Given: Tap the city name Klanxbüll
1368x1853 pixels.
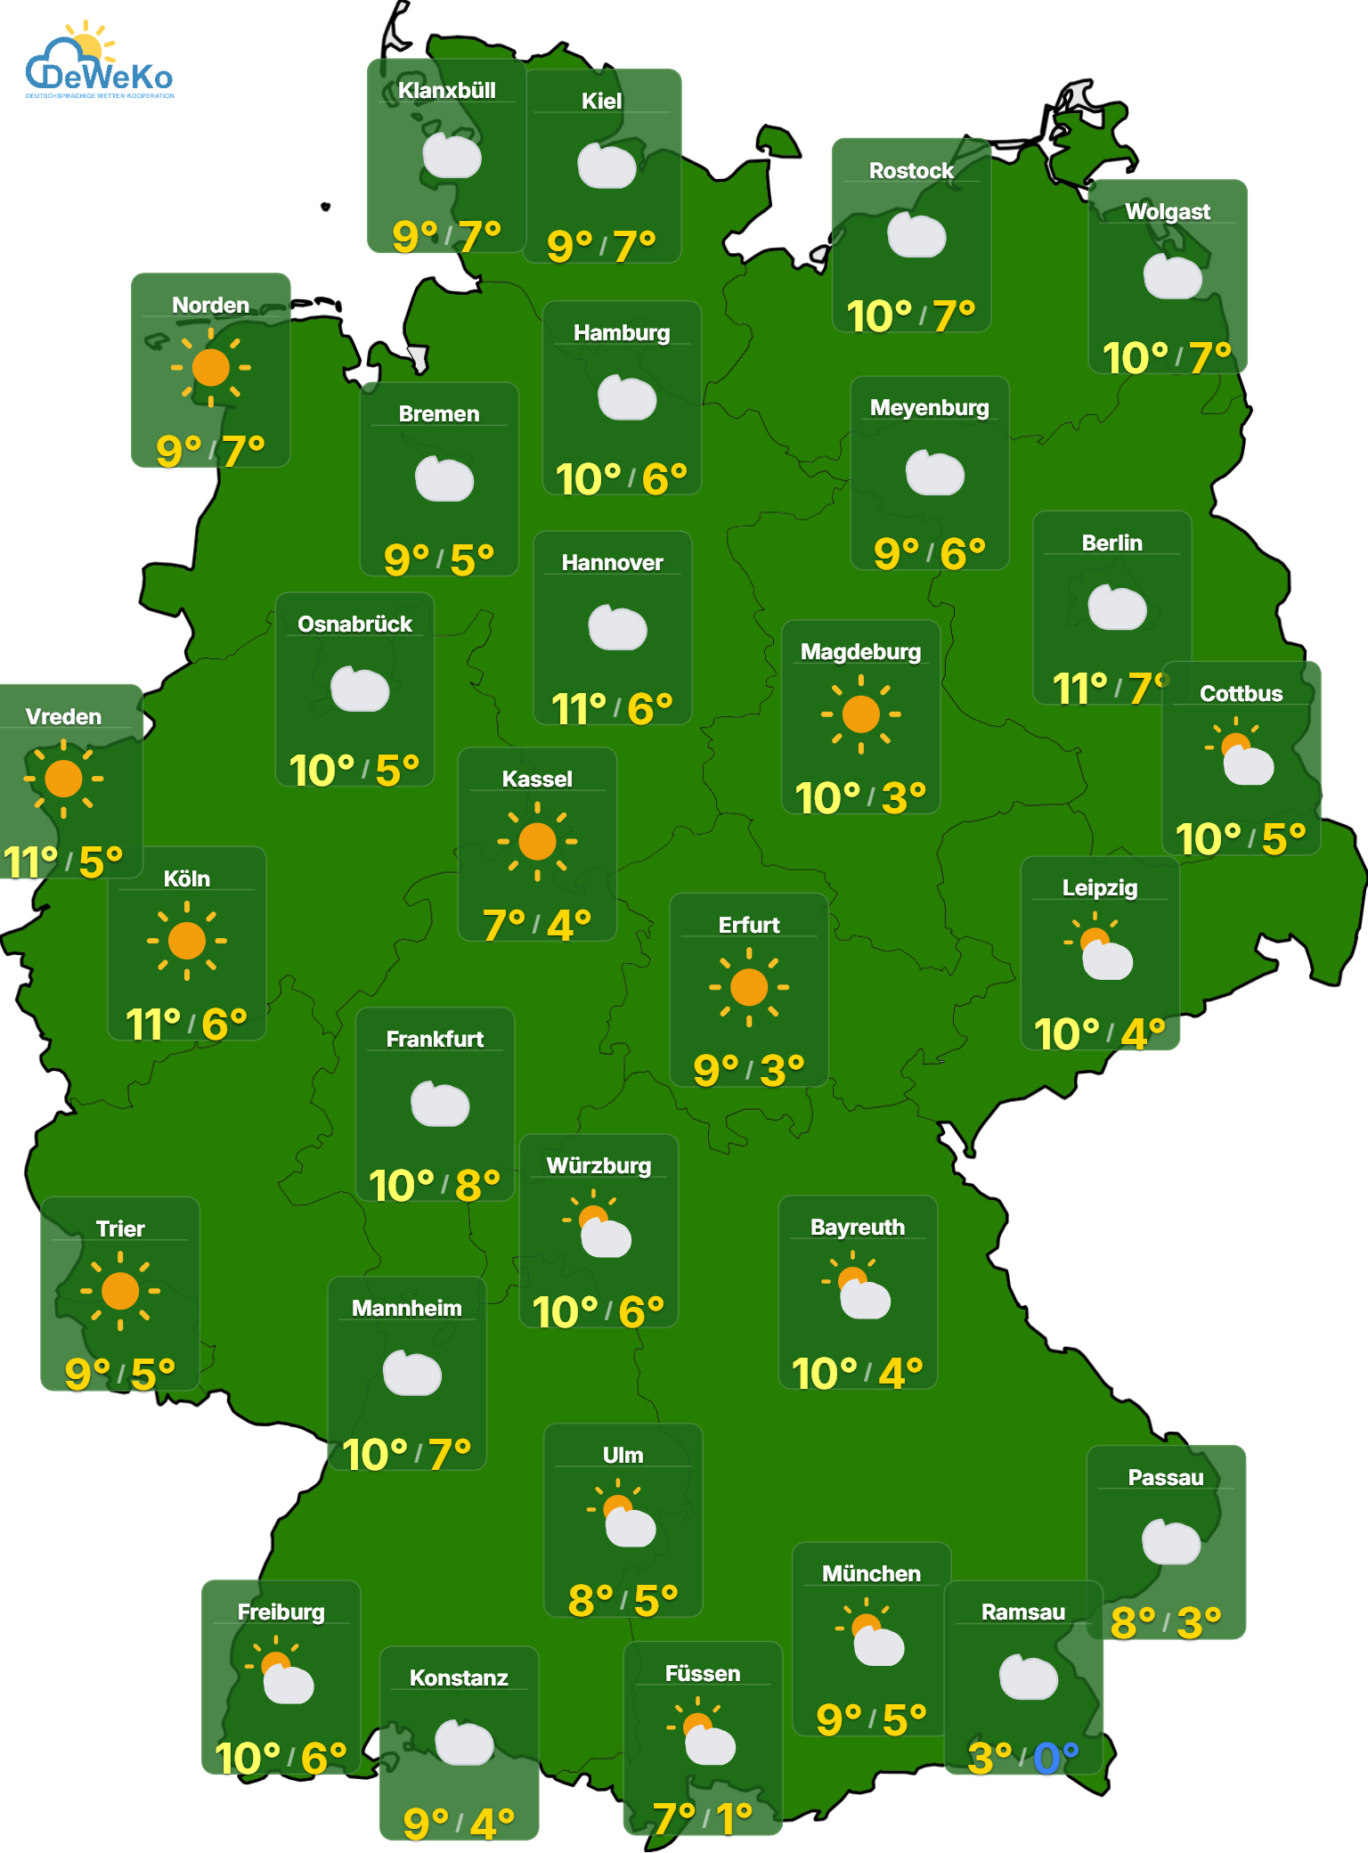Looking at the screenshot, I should pos(446,91).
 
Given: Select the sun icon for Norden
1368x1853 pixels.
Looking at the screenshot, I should pos(210,367).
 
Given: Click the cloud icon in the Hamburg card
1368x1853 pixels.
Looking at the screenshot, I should pos(627,397).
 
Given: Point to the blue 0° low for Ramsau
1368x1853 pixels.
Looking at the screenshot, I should pos(1055,1759).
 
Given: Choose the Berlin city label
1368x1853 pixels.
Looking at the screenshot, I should pos(1111,543).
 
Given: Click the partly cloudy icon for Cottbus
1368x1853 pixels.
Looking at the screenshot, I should pos(1242,754).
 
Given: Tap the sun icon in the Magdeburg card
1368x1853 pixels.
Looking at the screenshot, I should pos(860,714).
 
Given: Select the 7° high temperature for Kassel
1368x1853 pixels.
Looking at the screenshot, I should pos(503,925).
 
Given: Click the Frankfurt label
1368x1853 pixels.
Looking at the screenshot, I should pos(435,1040).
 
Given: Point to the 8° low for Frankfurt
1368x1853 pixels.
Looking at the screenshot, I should pos(477,1186).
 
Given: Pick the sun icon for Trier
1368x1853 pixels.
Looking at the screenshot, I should pos(120,1291).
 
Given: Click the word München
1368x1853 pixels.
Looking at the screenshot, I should pos(871,1574).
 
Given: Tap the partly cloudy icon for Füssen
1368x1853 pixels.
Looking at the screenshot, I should pos(703,1734).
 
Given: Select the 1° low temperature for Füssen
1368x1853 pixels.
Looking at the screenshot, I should pos(734,1817).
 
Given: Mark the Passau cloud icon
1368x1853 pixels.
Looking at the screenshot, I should pos(1170,1543).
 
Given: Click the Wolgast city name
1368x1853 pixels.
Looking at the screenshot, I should pos(1167,212).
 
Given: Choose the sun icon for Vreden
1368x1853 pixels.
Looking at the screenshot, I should pos(63,779).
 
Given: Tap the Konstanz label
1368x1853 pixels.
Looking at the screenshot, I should pos(459,1678).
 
